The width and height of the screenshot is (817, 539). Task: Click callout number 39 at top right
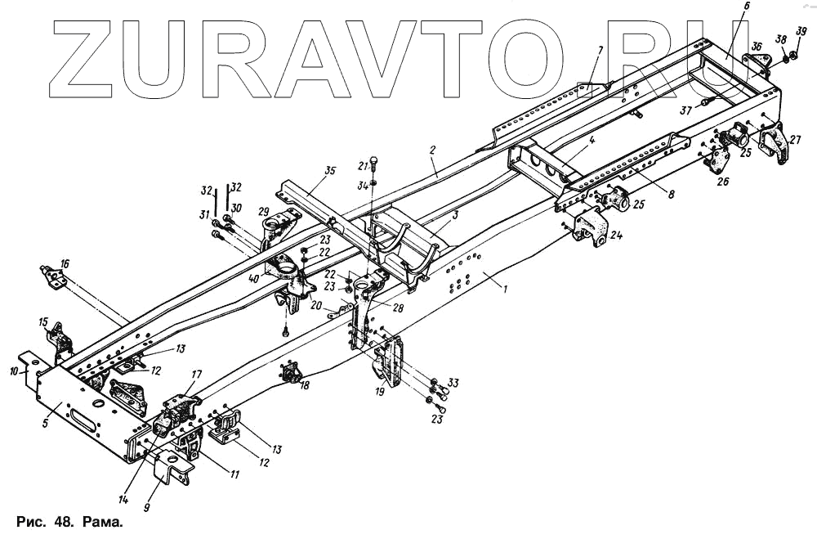[x=801, y=32]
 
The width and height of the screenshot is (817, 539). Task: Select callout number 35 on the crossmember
[x=329, y=172]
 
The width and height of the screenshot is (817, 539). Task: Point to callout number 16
[x=65, y=263]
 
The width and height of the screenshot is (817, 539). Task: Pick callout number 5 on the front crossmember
[x=46, y=423]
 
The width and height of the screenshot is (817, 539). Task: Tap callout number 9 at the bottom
[x=146, y=507]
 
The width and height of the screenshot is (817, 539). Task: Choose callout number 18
[x=305, y=384]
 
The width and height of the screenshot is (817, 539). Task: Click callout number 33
[x=453, y=382]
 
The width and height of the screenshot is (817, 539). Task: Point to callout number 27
[x=796, y=140]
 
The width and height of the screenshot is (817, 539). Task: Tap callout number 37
[x=685, y=110]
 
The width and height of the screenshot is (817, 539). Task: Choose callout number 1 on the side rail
[x=505, y=289]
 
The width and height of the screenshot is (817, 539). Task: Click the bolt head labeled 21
[x=373, y=158]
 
